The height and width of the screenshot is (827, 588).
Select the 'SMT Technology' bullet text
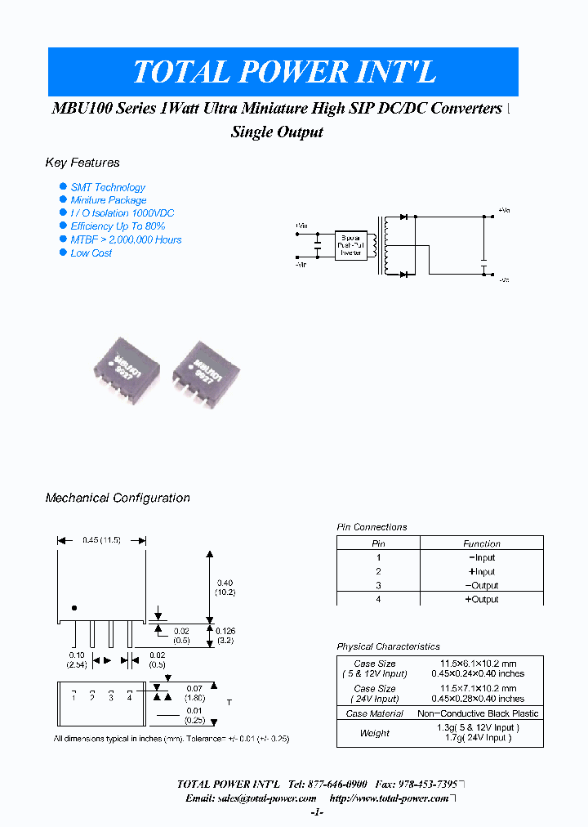108,187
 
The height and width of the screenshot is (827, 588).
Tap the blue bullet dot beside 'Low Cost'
63,253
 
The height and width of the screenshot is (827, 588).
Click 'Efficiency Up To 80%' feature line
118,226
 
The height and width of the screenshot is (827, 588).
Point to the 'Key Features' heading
82,163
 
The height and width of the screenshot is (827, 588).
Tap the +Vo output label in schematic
503,211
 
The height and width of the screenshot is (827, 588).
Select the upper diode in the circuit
403,217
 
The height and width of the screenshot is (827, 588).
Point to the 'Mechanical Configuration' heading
118,498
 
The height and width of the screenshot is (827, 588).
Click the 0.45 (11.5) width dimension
101,540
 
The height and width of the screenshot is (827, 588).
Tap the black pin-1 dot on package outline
74,607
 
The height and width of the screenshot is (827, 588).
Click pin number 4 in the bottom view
129,697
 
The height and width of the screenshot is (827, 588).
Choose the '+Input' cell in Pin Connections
481,571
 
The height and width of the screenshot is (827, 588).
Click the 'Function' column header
481,543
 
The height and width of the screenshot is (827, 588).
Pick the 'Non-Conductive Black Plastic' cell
478,713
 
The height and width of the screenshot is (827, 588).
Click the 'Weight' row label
374,733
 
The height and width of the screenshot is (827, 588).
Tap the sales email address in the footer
251,798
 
